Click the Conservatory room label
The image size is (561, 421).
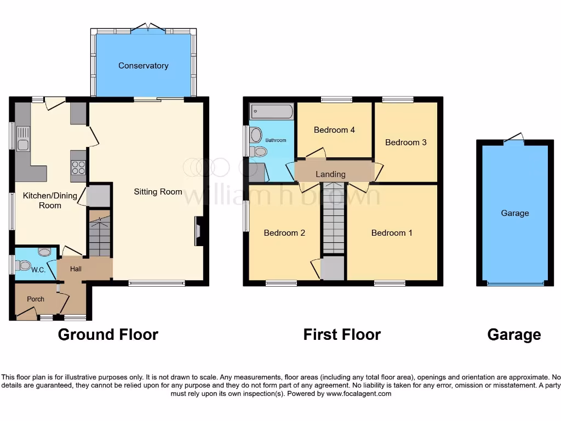tap(143, 66)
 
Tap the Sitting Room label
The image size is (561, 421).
tap(158, 192)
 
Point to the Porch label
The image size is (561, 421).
tap(36, 299)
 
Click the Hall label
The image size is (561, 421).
tap(76, 269)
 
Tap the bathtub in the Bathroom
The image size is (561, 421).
tap(272, 112)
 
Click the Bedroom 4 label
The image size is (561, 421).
tap(334, 130)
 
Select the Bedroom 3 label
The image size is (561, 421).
tap(405, 143)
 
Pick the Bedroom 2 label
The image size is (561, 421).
tap(284, 233)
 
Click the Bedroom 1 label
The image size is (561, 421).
tap(392, 233)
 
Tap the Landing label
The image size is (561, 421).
tap(330, 174)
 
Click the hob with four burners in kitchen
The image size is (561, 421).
tap(78, 167)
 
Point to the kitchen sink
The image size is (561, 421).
tap(23, 138)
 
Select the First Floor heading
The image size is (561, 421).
tap(342, 334)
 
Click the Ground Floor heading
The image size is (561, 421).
tap(108, 334)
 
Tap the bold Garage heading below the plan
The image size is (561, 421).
tap(514, 334)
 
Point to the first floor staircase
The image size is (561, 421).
tap(333, 219)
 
